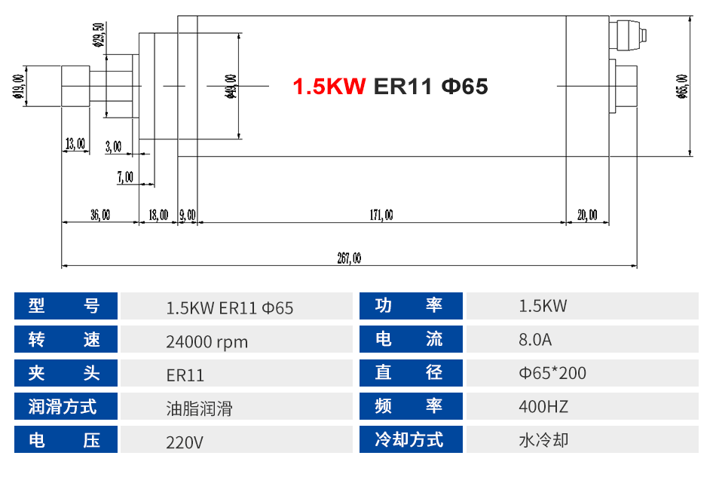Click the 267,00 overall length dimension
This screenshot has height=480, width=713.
(x=349, y=258)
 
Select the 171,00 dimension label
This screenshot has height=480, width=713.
(x=381, y=216)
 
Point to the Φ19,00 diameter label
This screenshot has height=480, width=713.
(x=17, y=87)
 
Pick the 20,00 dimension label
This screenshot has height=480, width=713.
(x=587, y=216)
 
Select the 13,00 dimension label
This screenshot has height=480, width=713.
(x=75, y=144)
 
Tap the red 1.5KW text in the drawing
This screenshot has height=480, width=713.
(x=329, y=87)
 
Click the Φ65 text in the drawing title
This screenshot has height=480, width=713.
(x=464, y=87)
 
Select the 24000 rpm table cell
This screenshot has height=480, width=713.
(x=207, y=341)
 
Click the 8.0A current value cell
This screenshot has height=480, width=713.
(x=535, y=340)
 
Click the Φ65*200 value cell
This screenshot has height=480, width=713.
(x=552, y=374)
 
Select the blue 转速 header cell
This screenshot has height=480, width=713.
(x=66, y=339)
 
